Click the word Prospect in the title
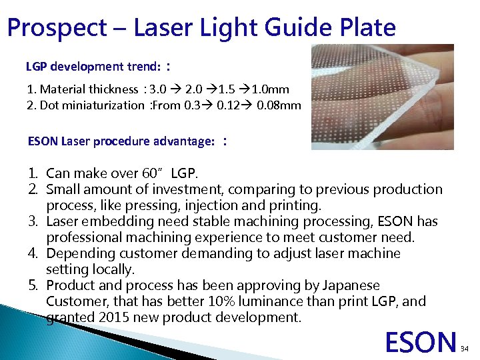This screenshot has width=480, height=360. (57, 28)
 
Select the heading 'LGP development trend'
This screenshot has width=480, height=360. (94, 67)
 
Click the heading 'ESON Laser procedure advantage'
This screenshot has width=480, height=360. (121, 141)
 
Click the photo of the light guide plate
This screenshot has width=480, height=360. (382, 97)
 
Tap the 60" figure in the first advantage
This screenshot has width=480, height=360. (154, 174)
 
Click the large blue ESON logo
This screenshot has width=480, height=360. (421, 341)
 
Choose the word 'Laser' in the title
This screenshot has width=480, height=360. (163, 28)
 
